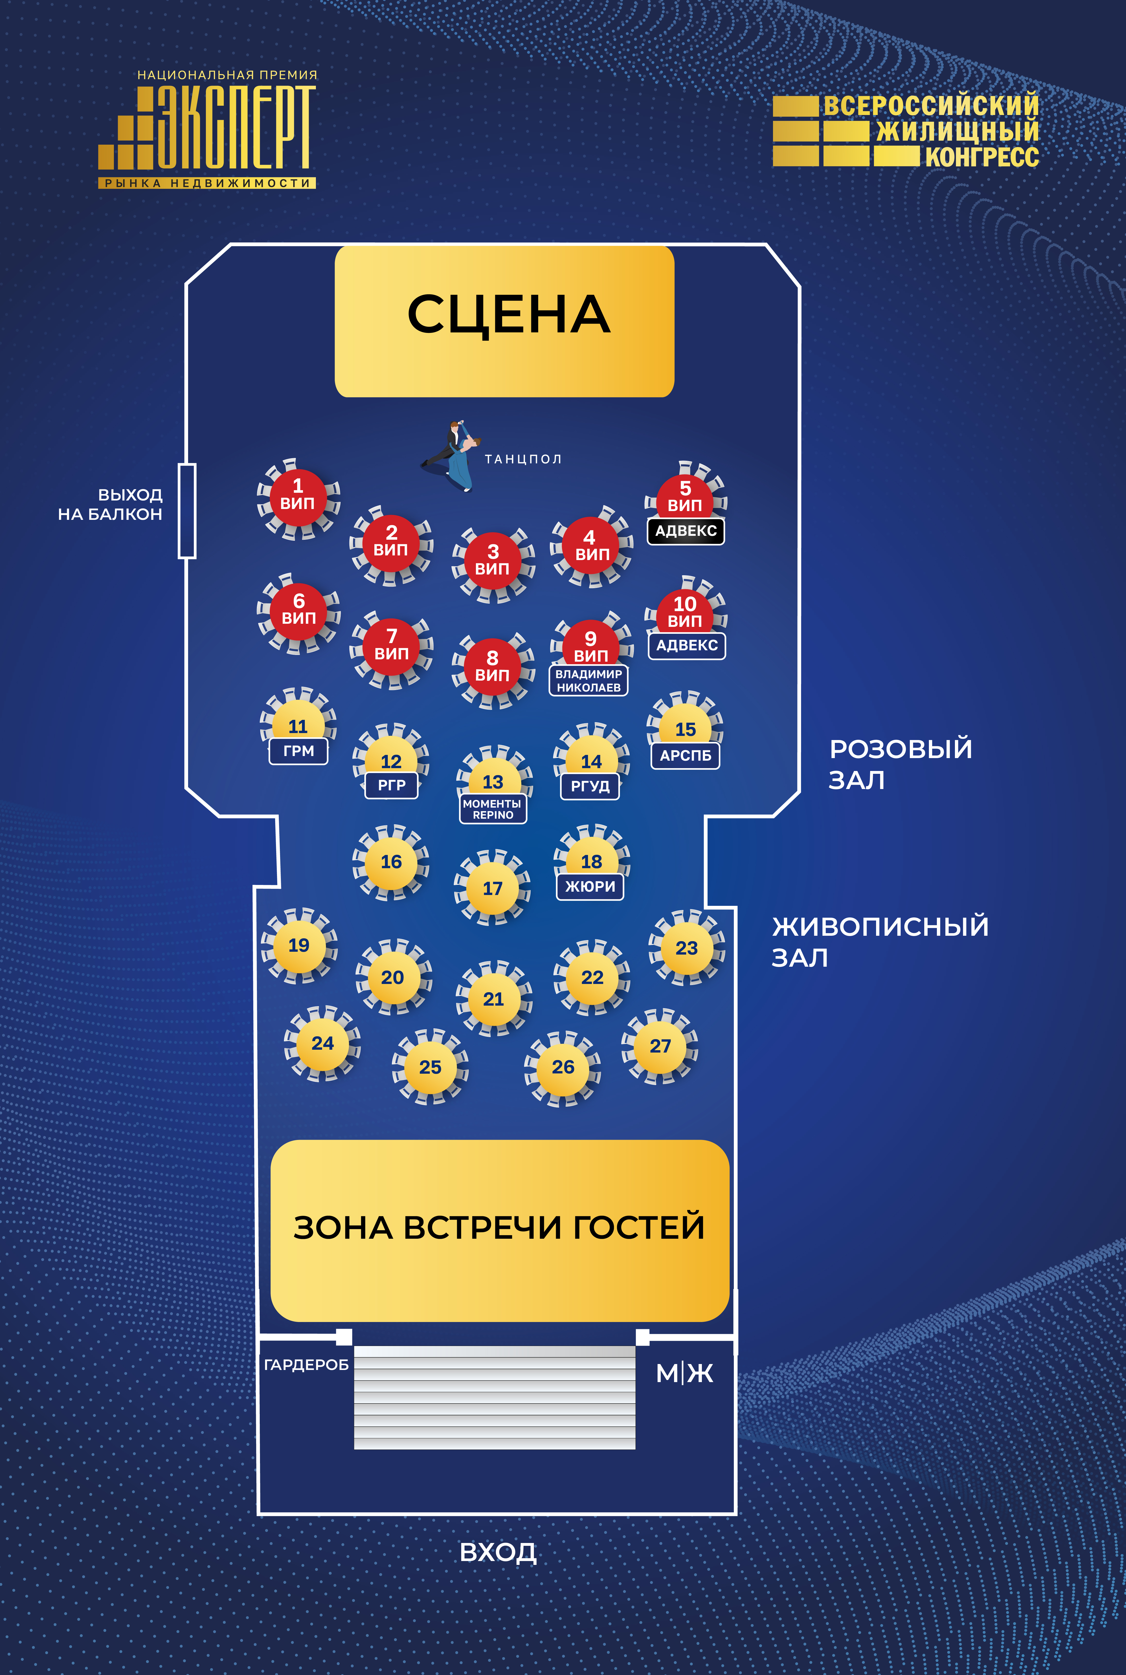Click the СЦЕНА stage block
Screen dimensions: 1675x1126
point(504,321)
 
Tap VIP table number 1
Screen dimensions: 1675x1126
point(297,497)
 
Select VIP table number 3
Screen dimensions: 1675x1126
point(493,562)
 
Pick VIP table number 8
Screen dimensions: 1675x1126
point(493,668)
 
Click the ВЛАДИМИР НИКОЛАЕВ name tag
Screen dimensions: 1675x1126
point(589,680)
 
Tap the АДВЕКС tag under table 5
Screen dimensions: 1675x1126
point(686,531)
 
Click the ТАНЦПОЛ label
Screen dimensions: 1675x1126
point(523,459)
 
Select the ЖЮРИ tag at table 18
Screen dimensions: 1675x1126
point(590,886)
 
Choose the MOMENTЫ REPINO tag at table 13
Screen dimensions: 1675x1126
point(493,809)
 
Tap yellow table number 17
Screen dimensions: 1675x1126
point(493,888)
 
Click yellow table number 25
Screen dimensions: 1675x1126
point(430,1067)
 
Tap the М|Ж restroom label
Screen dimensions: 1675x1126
point(684,1373)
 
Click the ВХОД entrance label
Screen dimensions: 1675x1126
point(498,1552)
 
